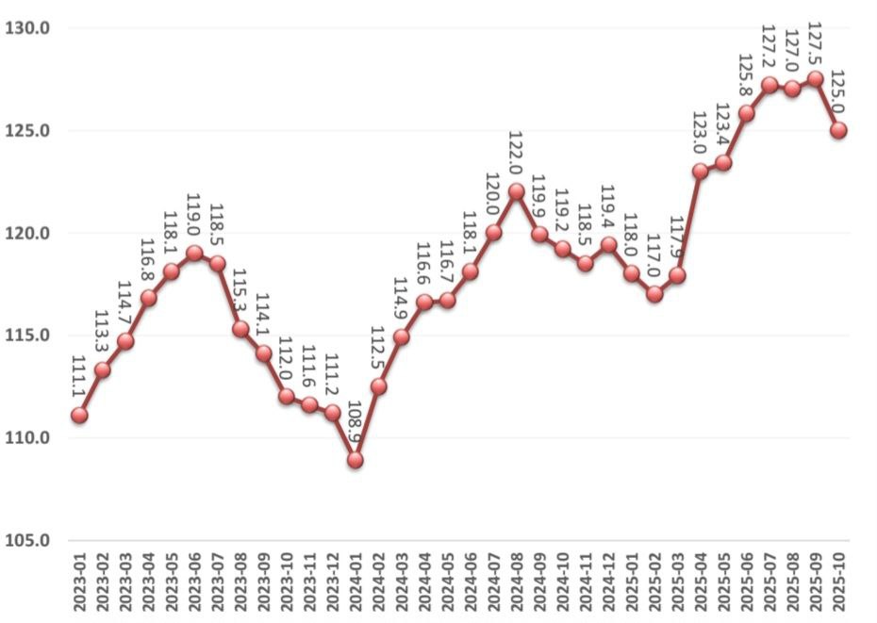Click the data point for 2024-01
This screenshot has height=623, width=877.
pos(356,460)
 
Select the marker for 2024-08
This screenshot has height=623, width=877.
pos(517,191)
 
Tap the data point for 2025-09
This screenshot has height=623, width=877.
pos(816,79)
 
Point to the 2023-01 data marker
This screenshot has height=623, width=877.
pos(79,415)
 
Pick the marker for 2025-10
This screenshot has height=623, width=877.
pos(838,130)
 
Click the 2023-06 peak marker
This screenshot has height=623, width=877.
pos(194,253)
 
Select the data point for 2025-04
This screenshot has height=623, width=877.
pos(701,172)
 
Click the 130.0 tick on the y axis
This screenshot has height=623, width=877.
pos(27,28)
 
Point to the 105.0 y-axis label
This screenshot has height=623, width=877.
pos(27,541)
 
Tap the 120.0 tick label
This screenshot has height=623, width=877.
pos(27,234)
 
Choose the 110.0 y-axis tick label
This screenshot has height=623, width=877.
pos(27,438)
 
